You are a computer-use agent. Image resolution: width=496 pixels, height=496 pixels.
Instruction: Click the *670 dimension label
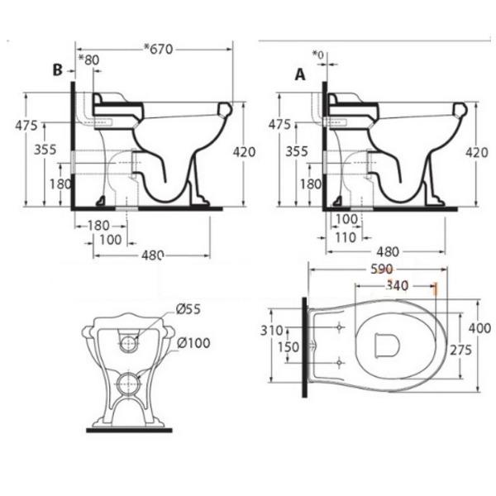[159, 49]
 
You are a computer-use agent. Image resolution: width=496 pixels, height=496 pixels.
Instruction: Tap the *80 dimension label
[89, 60]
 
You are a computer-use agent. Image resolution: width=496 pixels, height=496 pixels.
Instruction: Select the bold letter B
[57, 70]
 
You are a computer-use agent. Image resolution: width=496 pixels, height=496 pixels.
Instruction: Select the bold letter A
[300, 75]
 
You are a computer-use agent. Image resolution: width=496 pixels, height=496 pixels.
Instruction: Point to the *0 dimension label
[318, 55]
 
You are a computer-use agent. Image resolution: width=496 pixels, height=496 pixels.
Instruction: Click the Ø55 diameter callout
[188, 309]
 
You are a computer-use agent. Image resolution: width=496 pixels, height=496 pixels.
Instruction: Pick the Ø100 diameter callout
[193, 343]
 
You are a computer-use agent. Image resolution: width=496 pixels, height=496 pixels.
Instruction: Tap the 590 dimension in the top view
[382, 269]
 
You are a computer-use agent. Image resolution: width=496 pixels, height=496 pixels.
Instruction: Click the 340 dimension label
[398, 286]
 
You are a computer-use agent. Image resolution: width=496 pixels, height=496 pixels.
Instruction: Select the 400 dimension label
[479, 328]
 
